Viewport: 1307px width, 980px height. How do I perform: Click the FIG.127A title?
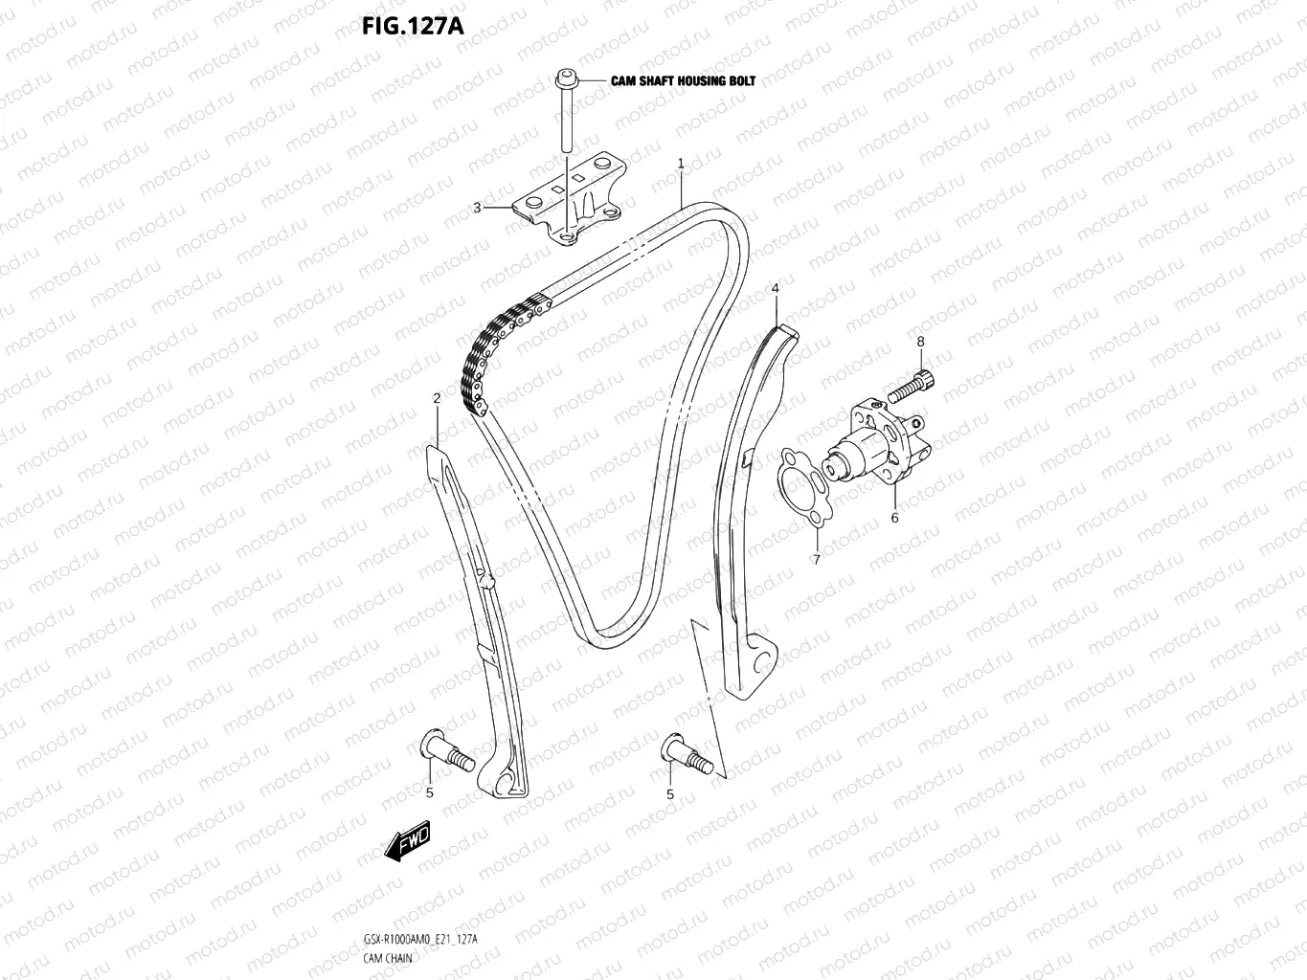pyautogui.click(x=413, y=26)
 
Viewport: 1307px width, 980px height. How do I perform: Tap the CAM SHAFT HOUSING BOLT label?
pyautogui.click(x=683, y=81)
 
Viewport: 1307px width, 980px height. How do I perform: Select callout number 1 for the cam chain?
pyautogui.click(x=681, y=164)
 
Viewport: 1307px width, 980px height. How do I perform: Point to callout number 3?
pyautogui.click(x=477, y=208)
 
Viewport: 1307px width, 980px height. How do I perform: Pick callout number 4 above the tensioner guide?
pyautogui.click(x=775, y=288)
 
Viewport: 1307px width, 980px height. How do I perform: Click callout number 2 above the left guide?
pyautogui.click(x=437, y=397)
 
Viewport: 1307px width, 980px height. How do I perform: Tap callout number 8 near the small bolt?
pyautogui.click(x=920, y=341)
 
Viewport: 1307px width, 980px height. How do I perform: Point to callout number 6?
pyautogui.click(x=894, y=518)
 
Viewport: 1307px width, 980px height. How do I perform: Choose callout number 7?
pyautogui.click(x=816, y=560)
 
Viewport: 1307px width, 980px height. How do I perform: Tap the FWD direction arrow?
pyautogui.click(x=407, y=840)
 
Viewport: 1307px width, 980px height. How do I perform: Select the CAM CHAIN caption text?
pyautogui.click(x=388, y=957)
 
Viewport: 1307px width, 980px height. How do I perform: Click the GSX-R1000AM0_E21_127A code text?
pyautogui.click(x=419, y=939)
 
